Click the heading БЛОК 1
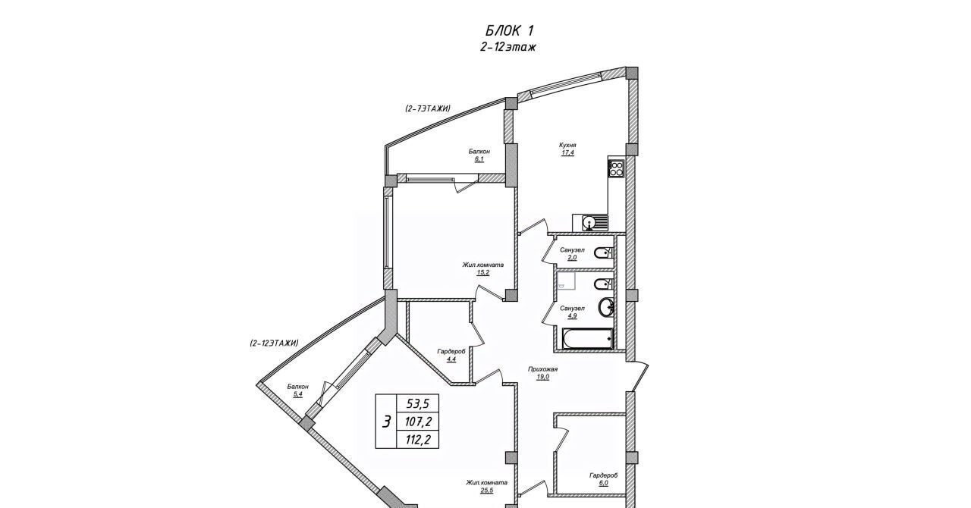tap(509, 30)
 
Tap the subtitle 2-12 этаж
tap(508, 47)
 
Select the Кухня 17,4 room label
tap(567, 149)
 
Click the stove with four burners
tap(616, 168)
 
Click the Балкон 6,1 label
tap(479, 155)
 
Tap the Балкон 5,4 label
tap(298, 390)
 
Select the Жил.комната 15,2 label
tap(483, 268)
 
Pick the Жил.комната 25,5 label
tap(486, 486)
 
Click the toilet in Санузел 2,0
tap(603, 252)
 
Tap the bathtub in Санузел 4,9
tap(587, 339)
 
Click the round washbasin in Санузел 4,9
tap(606, 307)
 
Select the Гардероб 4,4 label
tap(451, 355)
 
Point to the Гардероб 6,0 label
tap(603, 479)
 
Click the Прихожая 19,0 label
tap(542, 373)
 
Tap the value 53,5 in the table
tap(417, 404)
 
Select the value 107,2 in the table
tap(417, 421)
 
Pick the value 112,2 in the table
tap(417, 440)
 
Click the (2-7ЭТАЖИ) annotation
tap(428, 108)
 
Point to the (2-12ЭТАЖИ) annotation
tap(274, 343)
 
